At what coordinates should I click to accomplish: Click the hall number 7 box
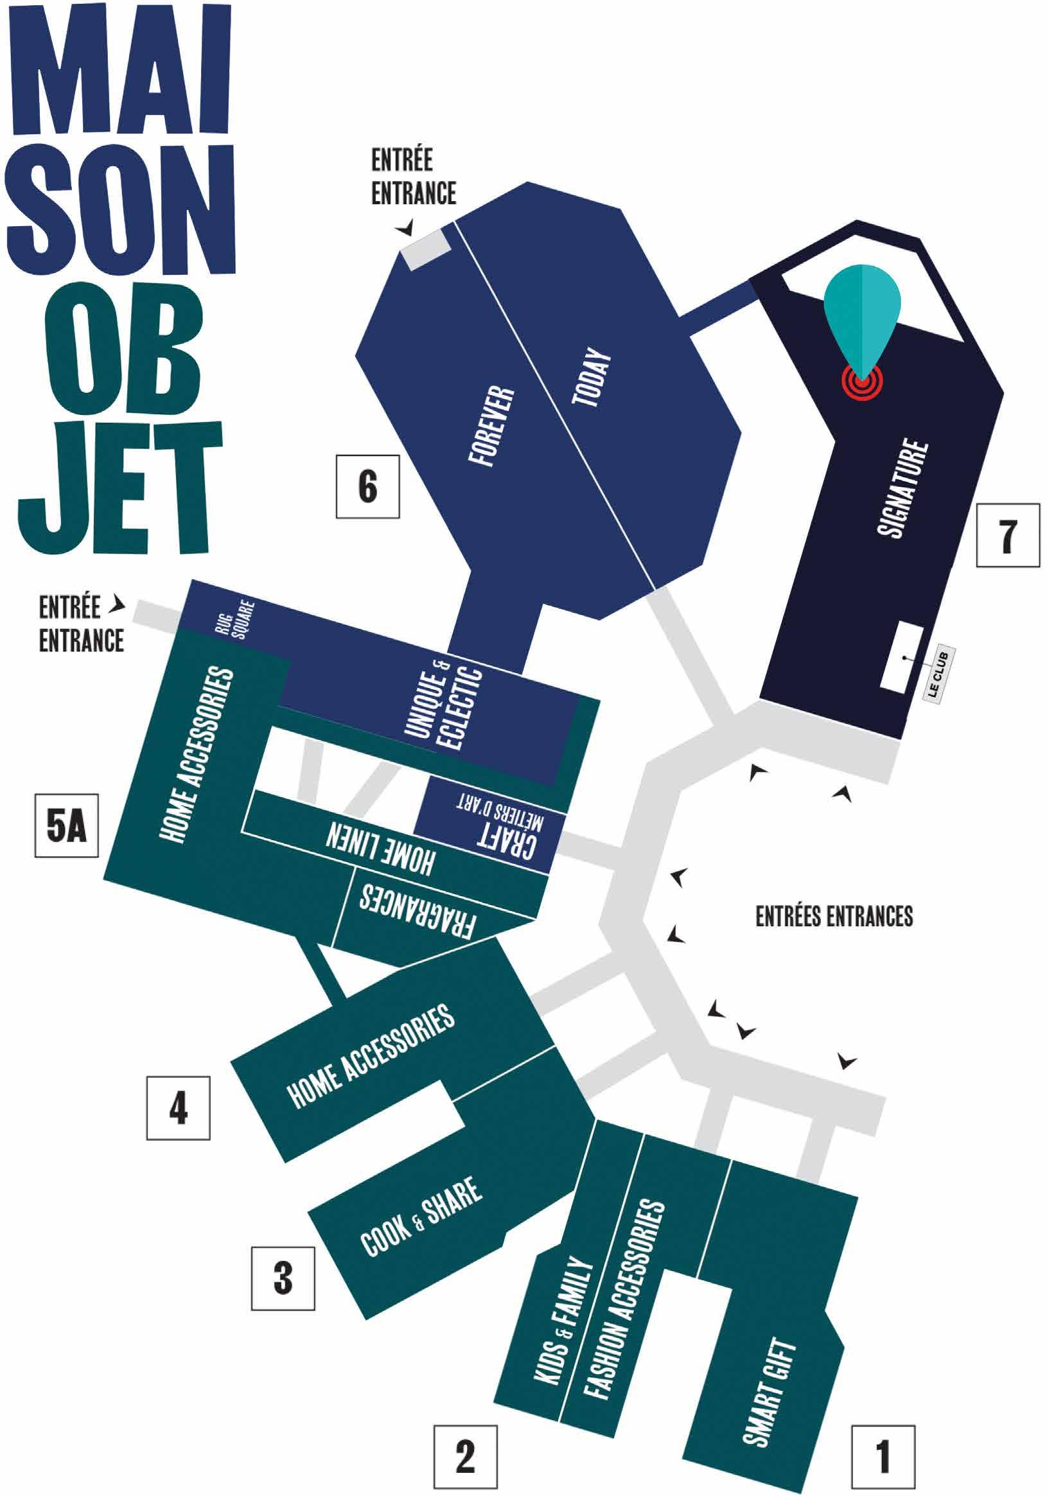1007,535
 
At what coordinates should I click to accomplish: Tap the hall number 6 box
367,486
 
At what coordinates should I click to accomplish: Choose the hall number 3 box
283,1278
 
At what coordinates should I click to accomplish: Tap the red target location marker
861,382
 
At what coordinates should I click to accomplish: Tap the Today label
592,380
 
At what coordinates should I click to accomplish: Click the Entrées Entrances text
834,916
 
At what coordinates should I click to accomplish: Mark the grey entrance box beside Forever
427,248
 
